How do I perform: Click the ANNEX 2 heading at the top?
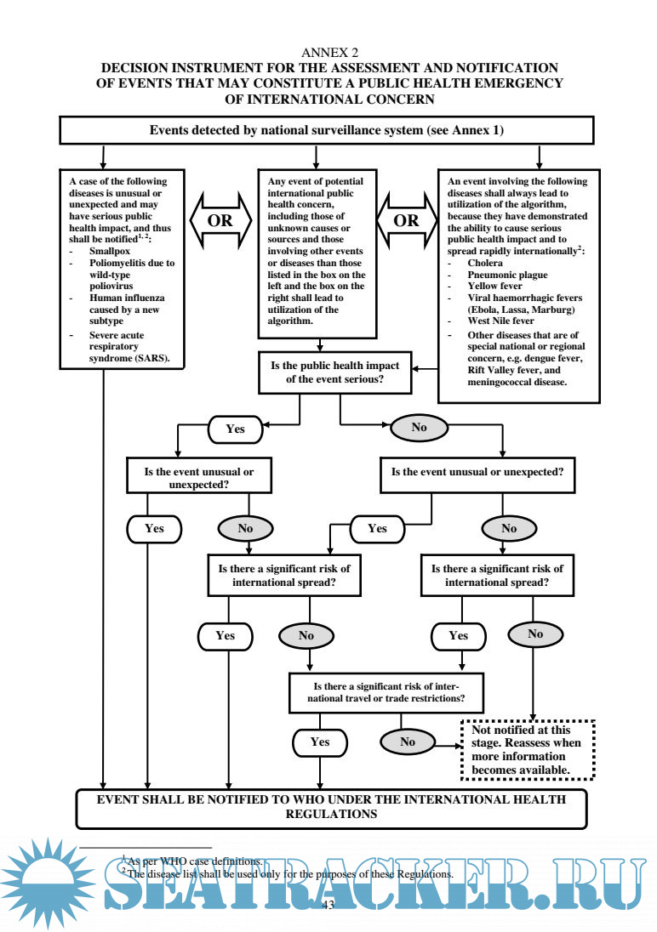(328, 53)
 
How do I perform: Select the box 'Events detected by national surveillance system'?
(326, 130)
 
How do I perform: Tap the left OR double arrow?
(220, 220)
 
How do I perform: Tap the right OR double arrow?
(407, 220)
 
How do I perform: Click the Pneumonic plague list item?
(507, 276)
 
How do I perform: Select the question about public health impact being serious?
(340, 372)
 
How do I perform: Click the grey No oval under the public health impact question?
(419, 428)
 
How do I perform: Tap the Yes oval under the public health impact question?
(235, 429)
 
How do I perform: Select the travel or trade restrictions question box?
(387, 692)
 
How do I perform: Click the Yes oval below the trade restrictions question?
(320, 742)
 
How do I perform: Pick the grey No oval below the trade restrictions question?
(408, 742)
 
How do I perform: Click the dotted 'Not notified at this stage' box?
(527, 750)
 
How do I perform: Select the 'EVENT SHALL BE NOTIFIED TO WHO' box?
(331, 807)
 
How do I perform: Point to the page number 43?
(328, 905)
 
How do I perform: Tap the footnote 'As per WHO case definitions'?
(194, 861)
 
